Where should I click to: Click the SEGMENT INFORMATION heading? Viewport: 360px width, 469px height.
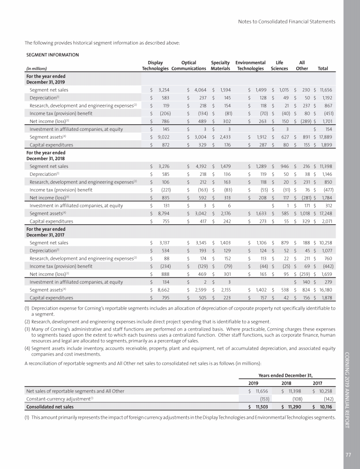tap(52, 54)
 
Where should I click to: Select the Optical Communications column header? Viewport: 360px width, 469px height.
tap(189, 65)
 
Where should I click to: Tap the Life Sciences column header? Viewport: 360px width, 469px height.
tap(279, 65)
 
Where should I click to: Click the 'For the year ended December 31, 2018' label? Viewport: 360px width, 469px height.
tap(46, 155)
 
